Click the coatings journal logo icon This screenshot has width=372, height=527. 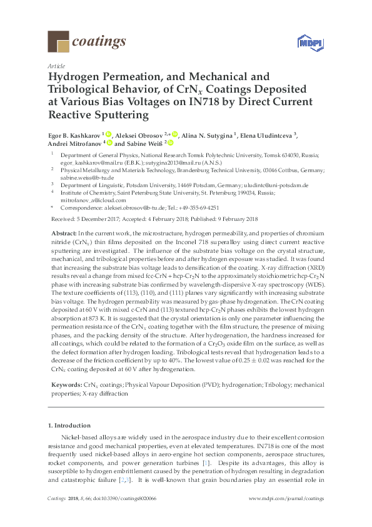58,42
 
